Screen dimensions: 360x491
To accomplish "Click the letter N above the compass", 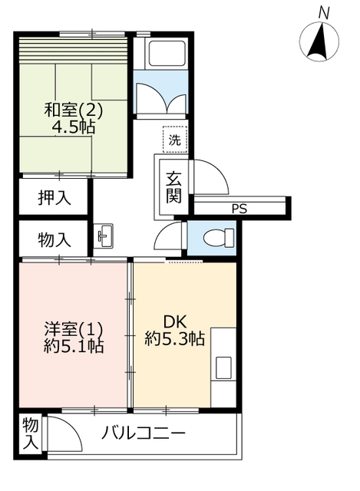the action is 324,13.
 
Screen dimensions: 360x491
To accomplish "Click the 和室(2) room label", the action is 74,110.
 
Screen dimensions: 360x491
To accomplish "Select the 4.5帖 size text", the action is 74,127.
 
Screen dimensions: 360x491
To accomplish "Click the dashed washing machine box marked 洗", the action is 175,140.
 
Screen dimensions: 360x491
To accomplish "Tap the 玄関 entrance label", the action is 174,187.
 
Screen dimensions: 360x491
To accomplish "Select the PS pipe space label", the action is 239,208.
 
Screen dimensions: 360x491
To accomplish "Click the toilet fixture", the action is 219,238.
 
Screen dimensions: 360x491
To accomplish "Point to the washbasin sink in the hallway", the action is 103,236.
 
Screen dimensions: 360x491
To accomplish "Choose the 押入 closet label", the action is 54,198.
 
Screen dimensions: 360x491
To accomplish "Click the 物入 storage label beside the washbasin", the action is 54,239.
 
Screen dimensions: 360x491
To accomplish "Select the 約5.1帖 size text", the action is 74,346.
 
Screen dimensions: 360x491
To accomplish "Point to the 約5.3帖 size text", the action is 174,338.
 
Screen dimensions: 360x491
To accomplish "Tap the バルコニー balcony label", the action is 144,433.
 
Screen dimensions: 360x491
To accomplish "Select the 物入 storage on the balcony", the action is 31,434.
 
